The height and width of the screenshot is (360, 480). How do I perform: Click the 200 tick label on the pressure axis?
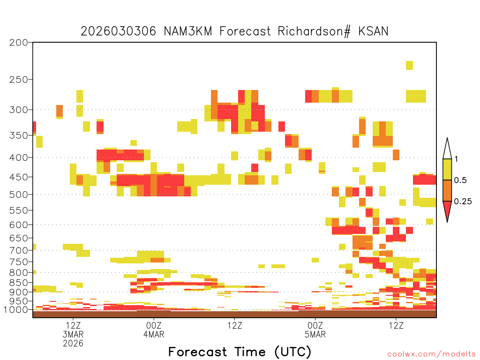[x=18, y=43]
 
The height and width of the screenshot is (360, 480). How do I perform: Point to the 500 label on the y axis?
[x=18, y=195]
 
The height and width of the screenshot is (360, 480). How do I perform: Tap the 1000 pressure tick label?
[x=15, y=310]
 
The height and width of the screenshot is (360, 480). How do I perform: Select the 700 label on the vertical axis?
[x=18, y=250]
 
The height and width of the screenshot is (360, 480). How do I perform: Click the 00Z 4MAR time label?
[x=154, y=330]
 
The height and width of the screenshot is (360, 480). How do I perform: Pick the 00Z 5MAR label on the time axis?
[x=315, y=330]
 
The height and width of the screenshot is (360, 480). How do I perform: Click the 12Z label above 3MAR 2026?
[x=73, y=325]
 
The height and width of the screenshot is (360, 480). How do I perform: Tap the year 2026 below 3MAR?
[x=73, y=343]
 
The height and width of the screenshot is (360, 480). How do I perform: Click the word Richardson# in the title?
[x=314, y=31]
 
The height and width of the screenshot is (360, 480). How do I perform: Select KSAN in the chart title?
[x=373, y=31]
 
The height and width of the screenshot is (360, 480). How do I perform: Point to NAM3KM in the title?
[x=188, y=31]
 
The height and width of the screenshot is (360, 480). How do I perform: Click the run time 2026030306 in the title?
[x=118, y=31]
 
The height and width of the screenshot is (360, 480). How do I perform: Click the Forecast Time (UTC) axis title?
[x=240, y=352]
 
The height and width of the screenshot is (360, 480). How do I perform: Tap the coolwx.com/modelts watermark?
[x=432, y=354]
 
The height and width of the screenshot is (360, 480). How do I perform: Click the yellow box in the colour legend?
[x=447, y=169]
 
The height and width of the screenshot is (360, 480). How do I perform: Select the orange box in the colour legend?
[x=447, y=190]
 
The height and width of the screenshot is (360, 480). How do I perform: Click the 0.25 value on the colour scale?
[x=463, y=202]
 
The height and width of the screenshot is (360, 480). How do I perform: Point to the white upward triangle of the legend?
[x=447, y=150]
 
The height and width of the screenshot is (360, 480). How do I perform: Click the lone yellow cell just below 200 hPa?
[x=409, y=65]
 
